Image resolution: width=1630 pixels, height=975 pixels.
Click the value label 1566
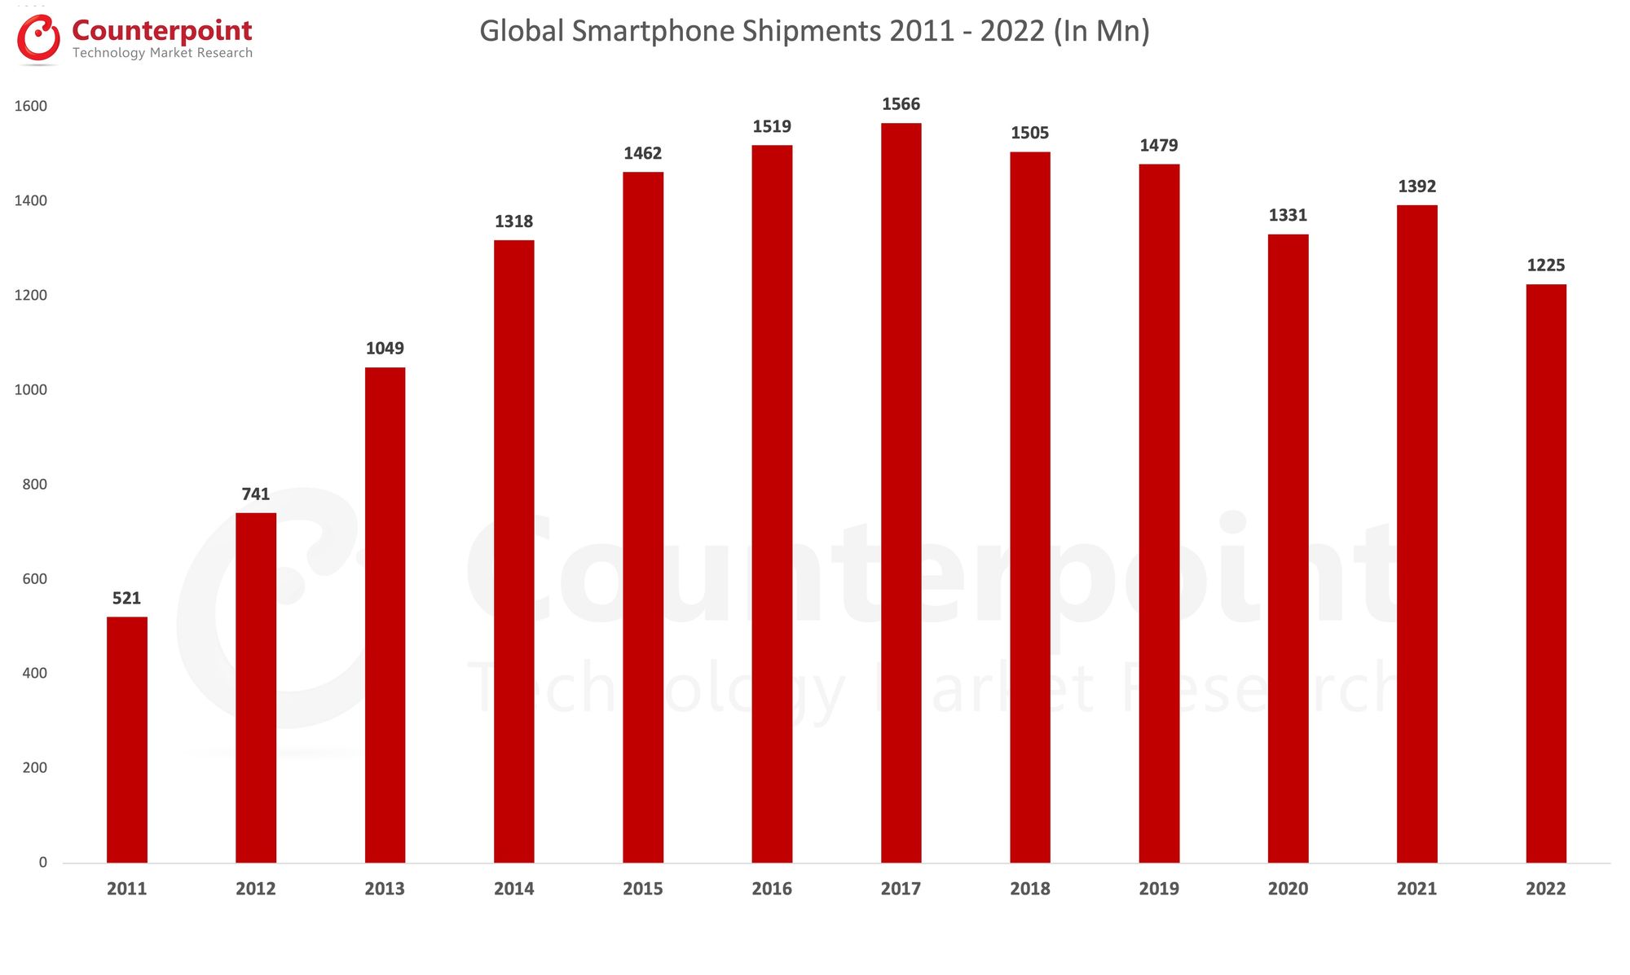[x=901, y=104]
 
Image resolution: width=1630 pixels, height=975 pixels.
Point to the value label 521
[x=127, y=599]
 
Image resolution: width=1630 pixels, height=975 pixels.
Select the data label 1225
[x=1546, y=266]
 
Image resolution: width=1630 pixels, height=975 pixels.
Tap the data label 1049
[x=385, y=349]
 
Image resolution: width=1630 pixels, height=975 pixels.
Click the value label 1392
[x=1416, y=187]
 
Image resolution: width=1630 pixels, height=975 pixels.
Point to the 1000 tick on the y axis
[x=31, y=390]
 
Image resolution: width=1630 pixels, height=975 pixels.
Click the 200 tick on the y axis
[x=35, y=768]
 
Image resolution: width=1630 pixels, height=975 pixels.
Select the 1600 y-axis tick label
[x=31, y=107]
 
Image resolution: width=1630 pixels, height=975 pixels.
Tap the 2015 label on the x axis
[x=643, y=889]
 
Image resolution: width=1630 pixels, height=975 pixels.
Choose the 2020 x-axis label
[x=1288, y=889]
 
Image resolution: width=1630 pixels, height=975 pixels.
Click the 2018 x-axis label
[x=1029, y=889]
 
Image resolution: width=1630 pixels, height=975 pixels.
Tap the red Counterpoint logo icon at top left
[x=38, y=38]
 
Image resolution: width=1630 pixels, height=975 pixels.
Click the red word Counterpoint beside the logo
[x=162, y=30]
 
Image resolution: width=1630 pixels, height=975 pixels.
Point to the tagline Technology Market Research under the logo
[x=162, y=53]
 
